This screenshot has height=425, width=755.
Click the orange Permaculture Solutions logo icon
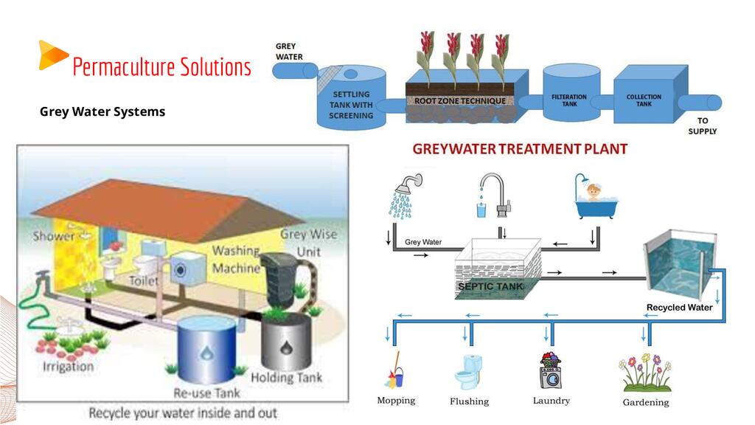52,55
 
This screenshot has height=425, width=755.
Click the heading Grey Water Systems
102,111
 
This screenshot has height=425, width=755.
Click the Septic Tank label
490,286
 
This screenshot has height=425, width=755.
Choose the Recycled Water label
679,307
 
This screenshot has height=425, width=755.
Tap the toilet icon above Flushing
468,372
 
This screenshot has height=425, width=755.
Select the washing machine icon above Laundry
550,371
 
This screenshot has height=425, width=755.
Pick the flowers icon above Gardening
646,373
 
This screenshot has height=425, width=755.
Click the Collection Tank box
644,99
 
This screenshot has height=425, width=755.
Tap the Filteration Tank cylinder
568,99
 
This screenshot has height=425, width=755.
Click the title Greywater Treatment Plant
520,148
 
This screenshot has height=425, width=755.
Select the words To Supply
703,125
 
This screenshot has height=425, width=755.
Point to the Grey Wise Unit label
308,242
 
